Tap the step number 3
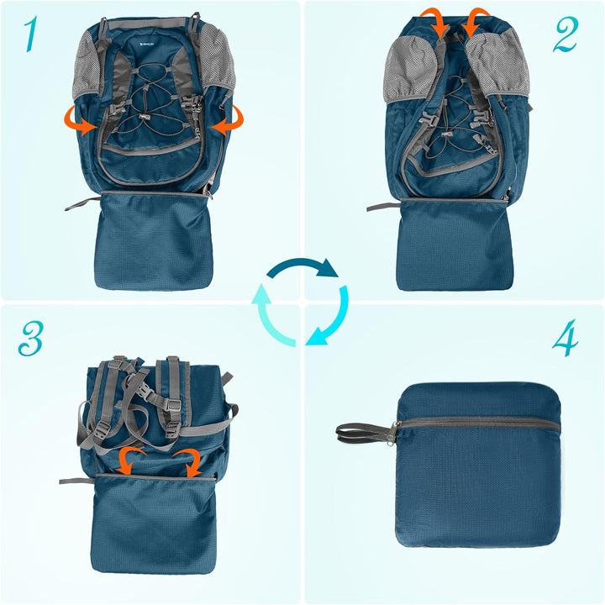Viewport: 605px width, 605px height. pyautogui.click(x=31, y=337)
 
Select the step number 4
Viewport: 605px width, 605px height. pyautogui.click(x=566, y=337)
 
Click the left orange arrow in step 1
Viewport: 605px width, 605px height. pyautogui.click(x=82, y=124)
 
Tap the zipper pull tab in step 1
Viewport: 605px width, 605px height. pyautogui.click(x=76, y=202)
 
